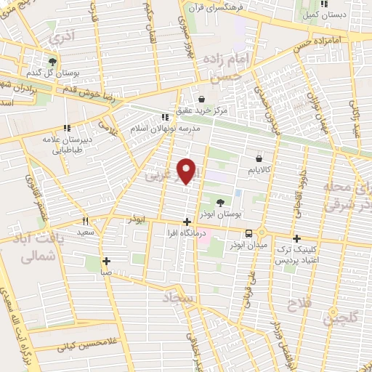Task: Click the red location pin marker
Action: pos(187,170)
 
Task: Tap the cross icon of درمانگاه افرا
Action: pos(187,222)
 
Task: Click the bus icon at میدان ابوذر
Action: pos(249,233)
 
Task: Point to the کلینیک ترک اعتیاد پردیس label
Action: pos(296,254)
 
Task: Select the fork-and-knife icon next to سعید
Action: pos(85,222)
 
